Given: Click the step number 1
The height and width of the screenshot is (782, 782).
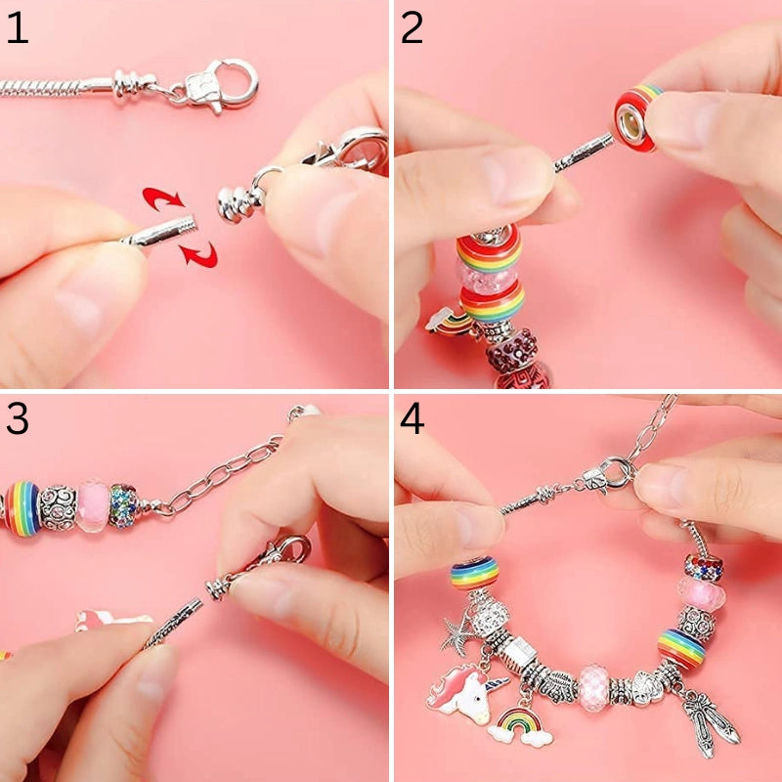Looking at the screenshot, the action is (18, 28).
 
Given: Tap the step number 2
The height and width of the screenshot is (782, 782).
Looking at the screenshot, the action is (412, 28).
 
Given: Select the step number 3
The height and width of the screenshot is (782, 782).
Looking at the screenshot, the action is (18, 418).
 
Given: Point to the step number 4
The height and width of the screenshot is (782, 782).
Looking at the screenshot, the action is (412, 418).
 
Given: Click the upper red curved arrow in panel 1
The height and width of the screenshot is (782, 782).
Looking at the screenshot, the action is (162, 198).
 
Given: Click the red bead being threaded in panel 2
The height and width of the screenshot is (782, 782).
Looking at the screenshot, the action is (635, 117).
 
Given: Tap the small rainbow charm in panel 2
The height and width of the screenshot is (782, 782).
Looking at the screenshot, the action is (449, 321).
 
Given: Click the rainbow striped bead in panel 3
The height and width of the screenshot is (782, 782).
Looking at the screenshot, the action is (22, 508).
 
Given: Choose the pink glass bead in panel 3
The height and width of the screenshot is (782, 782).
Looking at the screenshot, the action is (93, 505).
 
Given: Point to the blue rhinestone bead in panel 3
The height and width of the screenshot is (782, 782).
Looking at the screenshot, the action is (123, 505).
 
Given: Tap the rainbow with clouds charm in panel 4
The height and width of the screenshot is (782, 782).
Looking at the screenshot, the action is (520, 728).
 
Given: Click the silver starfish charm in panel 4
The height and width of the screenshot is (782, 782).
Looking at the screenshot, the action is (456, 632).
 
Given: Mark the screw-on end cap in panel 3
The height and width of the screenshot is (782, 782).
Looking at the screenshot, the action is (219, 587).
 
